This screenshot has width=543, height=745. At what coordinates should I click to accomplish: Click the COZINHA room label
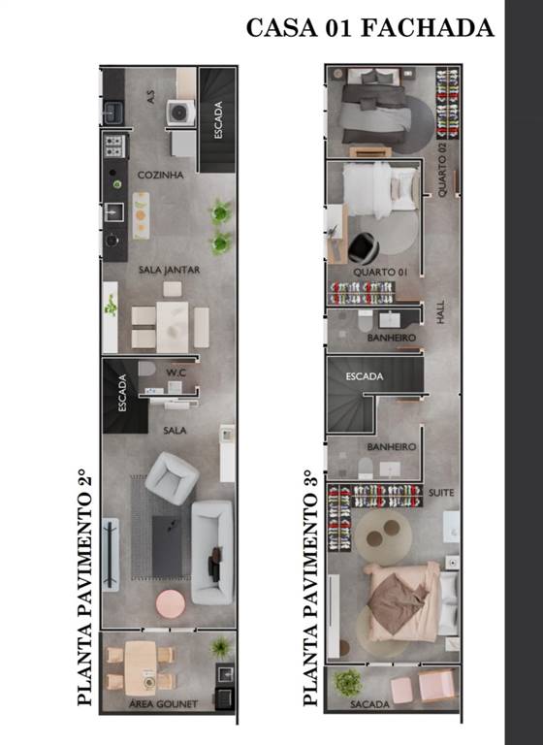point(161,175)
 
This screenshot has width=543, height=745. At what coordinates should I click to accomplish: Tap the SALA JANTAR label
point(169,270)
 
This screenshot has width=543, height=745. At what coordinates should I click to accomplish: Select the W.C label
point(176,372)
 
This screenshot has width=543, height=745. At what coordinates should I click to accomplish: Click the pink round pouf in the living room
point(171,604)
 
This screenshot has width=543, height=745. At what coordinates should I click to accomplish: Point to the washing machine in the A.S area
point(180,113)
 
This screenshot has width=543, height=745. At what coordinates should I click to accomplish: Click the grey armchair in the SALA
point(172,478)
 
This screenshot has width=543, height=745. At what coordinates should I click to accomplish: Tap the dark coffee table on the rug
point(167,546)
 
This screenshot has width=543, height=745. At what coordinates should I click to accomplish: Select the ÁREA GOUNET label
point(163,703)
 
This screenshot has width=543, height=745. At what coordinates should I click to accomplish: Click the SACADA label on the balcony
point(369,704)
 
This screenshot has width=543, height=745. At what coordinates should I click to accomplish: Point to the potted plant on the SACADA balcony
point(348,683)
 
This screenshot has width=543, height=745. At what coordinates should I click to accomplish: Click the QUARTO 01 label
point(380,273)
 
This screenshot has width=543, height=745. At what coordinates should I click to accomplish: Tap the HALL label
point(440,311)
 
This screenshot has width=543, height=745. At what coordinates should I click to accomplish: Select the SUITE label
point(441,493)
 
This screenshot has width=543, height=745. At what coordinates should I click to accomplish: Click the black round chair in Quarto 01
point(363,247)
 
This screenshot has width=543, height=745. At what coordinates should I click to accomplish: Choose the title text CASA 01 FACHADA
point(370,27)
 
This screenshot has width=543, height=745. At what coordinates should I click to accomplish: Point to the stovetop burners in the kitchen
point(115,146)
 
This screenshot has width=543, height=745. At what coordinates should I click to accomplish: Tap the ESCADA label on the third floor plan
point(365,376)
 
